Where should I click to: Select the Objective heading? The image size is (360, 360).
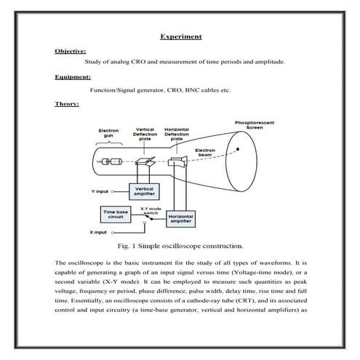click(71, 51)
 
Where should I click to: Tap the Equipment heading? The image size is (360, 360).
click(73, 77)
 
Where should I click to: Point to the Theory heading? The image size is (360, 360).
click(66, 103)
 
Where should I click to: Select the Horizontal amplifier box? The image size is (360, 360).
click(185, 217)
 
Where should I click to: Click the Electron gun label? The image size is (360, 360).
click(108, 135)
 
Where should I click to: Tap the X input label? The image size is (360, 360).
click(99, 233)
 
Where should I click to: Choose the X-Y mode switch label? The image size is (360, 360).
click(151, 209)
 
